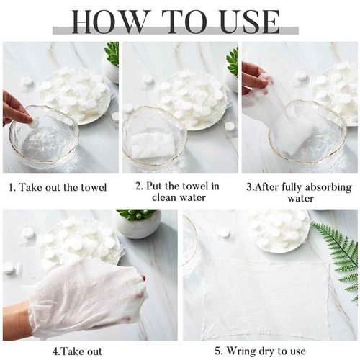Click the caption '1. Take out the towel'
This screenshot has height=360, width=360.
pos(58,188)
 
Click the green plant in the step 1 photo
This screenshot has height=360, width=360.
pos(112,53)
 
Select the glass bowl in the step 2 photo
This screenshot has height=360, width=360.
pos(153,139)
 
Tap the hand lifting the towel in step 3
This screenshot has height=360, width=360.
pos(253,73)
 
